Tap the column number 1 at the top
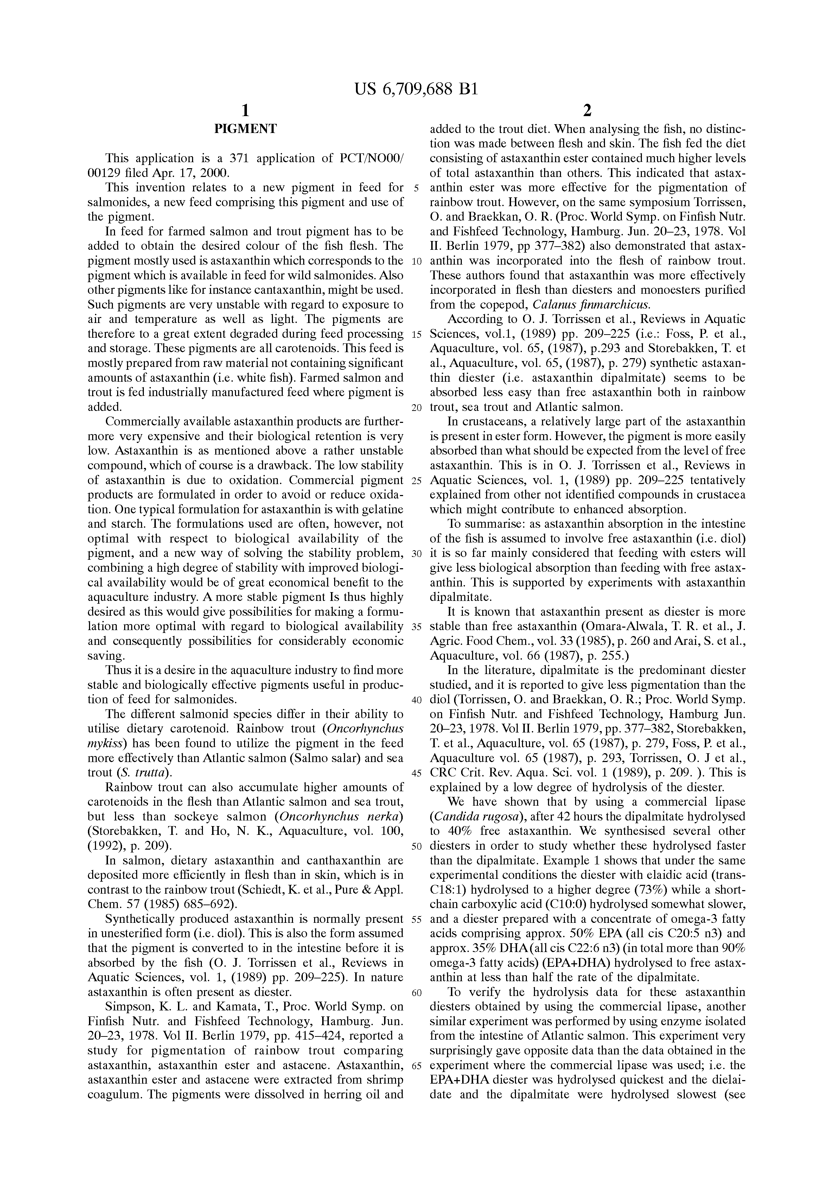click(246, 110)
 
